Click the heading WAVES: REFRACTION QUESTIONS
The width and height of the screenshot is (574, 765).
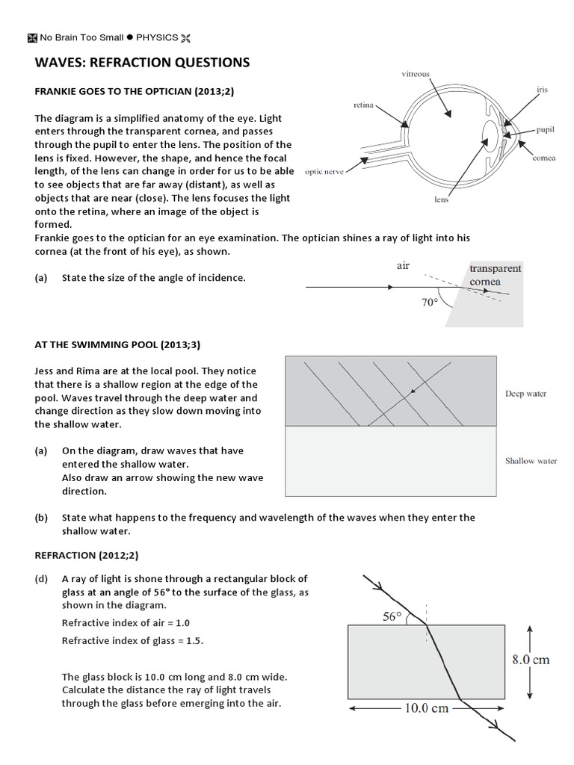click(142, 63)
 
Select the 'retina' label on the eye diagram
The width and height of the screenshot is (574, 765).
click(363, 106)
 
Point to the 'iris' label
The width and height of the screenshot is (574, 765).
click(542, 90)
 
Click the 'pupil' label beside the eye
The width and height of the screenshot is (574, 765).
click(545, 129)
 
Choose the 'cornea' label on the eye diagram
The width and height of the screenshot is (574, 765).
click(544, 158)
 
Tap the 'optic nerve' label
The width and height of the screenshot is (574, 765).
click(324, 171)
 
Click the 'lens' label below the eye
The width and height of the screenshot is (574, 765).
click(441, 199)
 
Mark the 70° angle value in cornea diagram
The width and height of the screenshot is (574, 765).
click(428, 303)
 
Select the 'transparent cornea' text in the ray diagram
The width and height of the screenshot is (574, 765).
click(495, 275)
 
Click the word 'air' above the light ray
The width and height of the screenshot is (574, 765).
click(403, 265)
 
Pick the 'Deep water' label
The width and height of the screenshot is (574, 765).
click(525, 394)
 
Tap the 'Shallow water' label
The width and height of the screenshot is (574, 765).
click(531, 461)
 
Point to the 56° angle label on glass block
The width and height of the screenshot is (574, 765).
click(391, 616)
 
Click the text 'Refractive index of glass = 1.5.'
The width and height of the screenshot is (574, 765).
click(133, 640)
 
